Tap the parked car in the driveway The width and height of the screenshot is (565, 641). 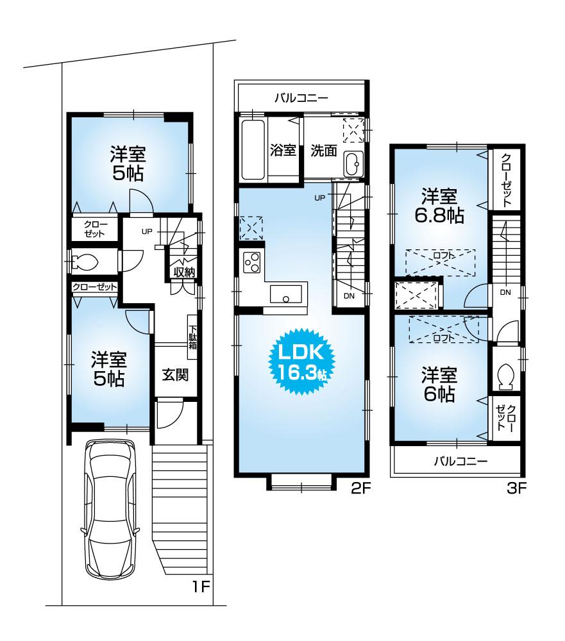[x=111, y=506]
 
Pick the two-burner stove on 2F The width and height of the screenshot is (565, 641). [x=251, y=263]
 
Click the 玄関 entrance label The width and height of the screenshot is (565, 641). [x=174, y=374]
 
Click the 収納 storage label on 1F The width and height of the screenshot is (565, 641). [x=183, y=272]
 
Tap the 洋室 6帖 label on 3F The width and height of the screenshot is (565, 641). [x=439, y=383]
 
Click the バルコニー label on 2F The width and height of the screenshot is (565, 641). [x=301, y=98]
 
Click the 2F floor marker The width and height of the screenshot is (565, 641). [x=361, y=488]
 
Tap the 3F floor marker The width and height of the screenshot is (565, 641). [x=517, y=488]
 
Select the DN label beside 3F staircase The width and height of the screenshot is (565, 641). [x=505, y=293]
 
